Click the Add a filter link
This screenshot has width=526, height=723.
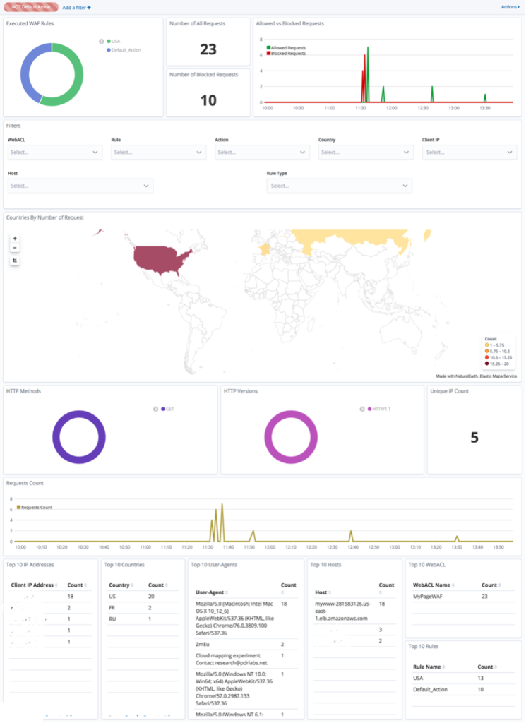(x=76, y=7)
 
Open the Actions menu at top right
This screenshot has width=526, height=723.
(x=509, y=7)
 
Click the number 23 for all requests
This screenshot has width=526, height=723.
(x=208, y=49)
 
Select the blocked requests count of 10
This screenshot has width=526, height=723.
(x=208, y=100)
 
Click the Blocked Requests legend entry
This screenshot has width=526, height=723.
(x=288, y=54)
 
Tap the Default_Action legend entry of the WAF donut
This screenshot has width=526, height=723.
(x=126, y=50)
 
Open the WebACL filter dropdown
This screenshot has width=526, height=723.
(x=54, y=152)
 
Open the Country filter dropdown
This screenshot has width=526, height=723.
(x=365, y=152)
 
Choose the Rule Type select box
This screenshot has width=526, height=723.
(x=339, y=186)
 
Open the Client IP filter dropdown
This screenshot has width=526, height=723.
(x=469, y=152)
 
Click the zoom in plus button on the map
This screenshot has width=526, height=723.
(x=15, y=239)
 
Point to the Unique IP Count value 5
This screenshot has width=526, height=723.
(x=474, y=438)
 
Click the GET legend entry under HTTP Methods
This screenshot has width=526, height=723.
(x=169, y=409)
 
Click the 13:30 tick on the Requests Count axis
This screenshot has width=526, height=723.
(x=457, y=546)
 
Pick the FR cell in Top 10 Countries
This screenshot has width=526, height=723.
(x=112, y=607)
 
